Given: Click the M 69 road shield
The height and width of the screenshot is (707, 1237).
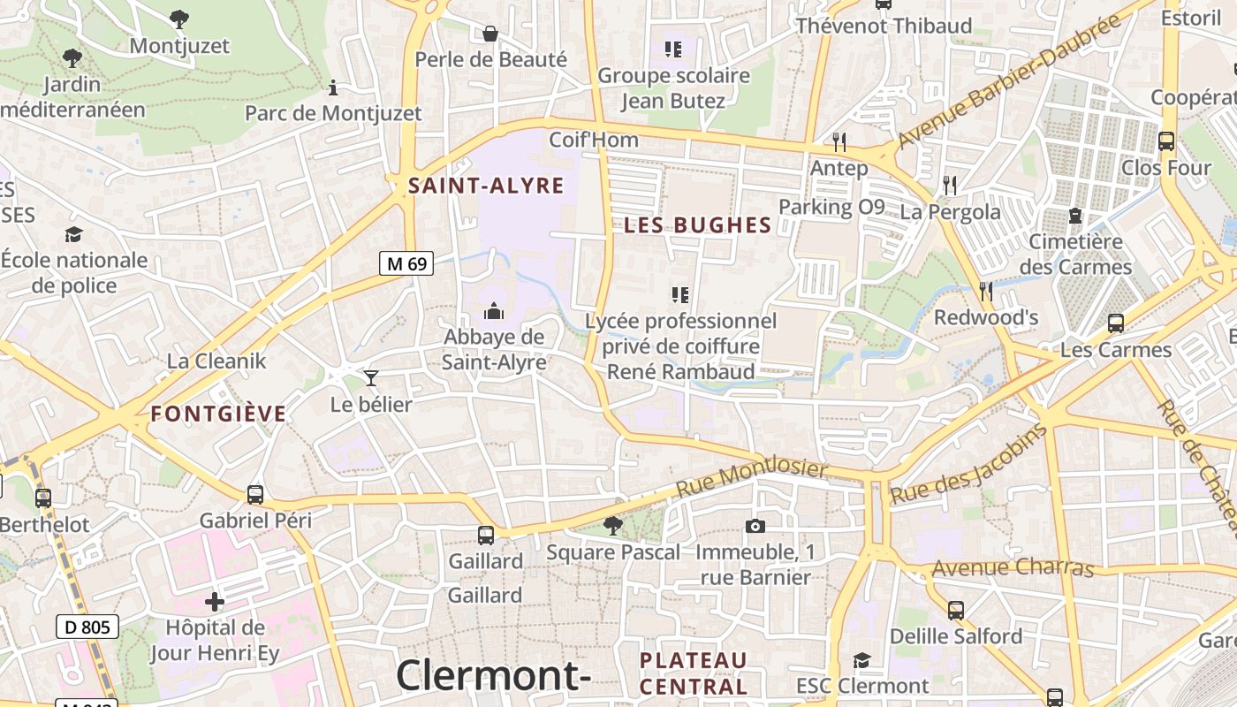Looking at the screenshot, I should [406, 262].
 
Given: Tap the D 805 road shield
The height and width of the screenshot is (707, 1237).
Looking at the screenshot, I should [87, 627].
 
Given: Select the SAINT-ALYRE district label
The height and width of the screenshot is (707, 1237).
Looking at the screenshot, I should [486, 186].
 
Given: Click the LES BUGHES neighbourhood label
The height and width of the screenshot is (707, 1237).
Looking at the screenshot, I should [698, 225].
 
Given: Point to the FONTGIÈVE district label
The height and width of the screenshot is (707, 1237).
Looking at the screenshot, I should [218, 414].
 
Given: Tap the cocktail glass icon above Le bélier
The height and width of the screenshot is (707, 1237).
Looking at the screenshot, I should [371, 378].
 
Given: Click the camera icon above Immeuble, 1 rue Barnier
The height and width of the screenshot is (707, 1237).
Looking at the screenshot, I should [755, 527].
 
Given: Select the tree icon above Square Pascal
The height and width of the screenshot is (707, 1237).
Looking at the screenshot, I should [612, 526].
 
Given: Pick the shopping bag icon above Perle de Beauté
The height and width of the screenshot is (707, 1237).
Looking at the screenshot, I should [490, 34].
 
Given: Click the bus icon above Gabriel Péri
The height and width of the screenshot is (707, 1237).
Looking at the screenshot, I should [255, 494].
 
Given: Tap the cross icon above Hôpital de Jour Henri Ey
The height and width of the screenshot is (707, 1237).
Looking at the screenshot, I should [215, 602].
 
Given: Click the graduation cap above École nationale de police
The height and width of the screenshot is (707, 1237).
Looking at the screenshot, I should [73, 234].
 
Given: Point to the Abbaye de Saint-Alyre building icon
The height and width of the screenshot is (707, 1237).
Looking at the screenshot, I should [494, 311].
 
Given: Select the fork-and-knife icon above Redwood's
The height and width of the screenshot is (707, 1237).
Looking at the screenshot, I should [986, 291].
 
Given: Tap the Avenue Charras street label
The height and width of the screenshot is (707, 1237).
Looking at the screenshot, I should [1013, 567].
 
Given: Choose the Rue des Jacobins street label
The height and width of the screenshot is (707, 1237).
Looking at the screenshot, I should [968, 464].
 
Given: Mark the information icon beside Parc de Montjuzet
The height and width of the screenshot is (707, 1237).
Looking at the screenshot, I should [333, 87].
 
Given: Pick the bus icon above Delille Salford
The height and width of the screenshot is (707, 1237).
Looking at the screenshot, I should [955, 610].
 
